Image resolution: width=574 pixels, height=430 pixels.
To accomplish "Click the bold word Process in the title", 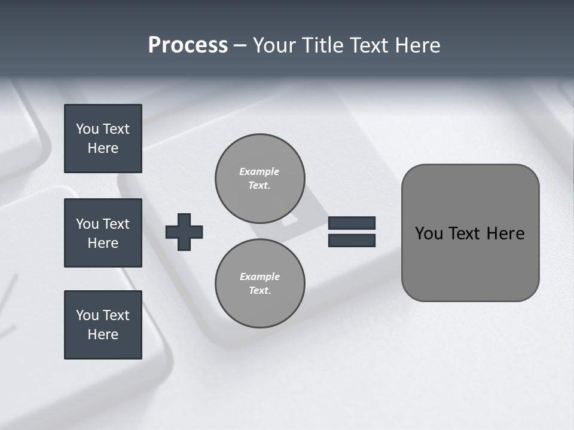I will point(188,45).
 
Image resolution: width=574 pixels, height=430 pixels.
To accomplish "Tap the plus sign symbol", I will point(184,232).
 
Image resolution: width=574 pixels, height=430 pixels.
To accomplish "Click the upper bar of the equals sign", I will point(352,223).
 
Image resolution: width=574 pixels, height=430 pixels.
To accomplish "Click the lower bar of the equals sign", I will point(352,240).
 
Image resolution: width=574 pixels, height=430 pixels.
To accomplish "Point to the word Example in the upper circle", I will point(259,171).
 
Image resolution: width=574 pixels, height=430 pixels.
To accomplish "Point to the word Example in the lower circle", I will point(259,277).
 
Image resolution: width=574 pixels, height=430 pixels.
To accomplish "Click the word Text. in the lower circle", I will point(259,290).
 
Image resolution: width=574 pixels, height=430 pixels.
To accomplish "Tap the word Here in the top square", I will point(103,148).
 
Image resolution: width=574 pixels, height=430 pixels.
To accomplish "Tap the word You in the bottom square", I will point(87,315).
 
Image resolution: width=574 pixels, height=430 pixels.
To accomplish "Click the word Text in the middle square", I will point(116,224).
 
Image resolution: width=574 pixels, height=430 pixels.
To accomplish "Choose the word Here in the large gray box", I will point(505,234).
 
